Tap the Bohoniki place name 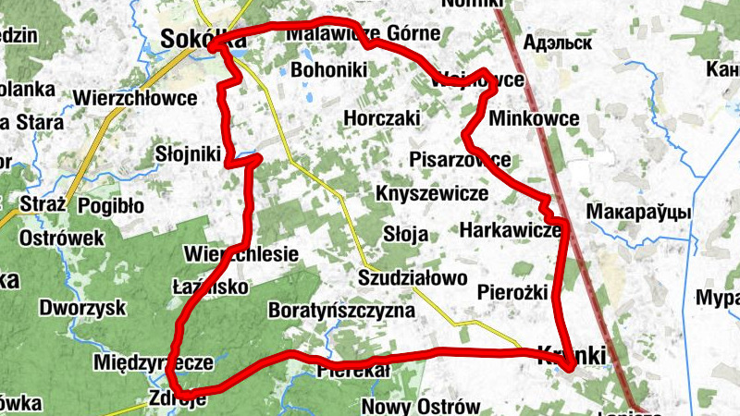(329, 69)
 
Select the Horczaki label (381, 118)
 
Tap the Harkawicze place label (510, 228)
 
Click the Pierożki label (513, 292)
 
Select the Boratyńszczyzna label (340, 310)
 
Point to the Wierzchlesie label (240, 253)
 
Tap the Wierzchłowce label (135, 97)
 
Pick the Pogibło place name (111, 204)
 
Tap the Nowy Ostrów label (421, 407)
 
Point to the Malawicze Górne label (363, 34)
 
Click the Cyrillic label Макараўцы (638, 211)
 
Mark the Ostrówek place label (61, 238)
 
